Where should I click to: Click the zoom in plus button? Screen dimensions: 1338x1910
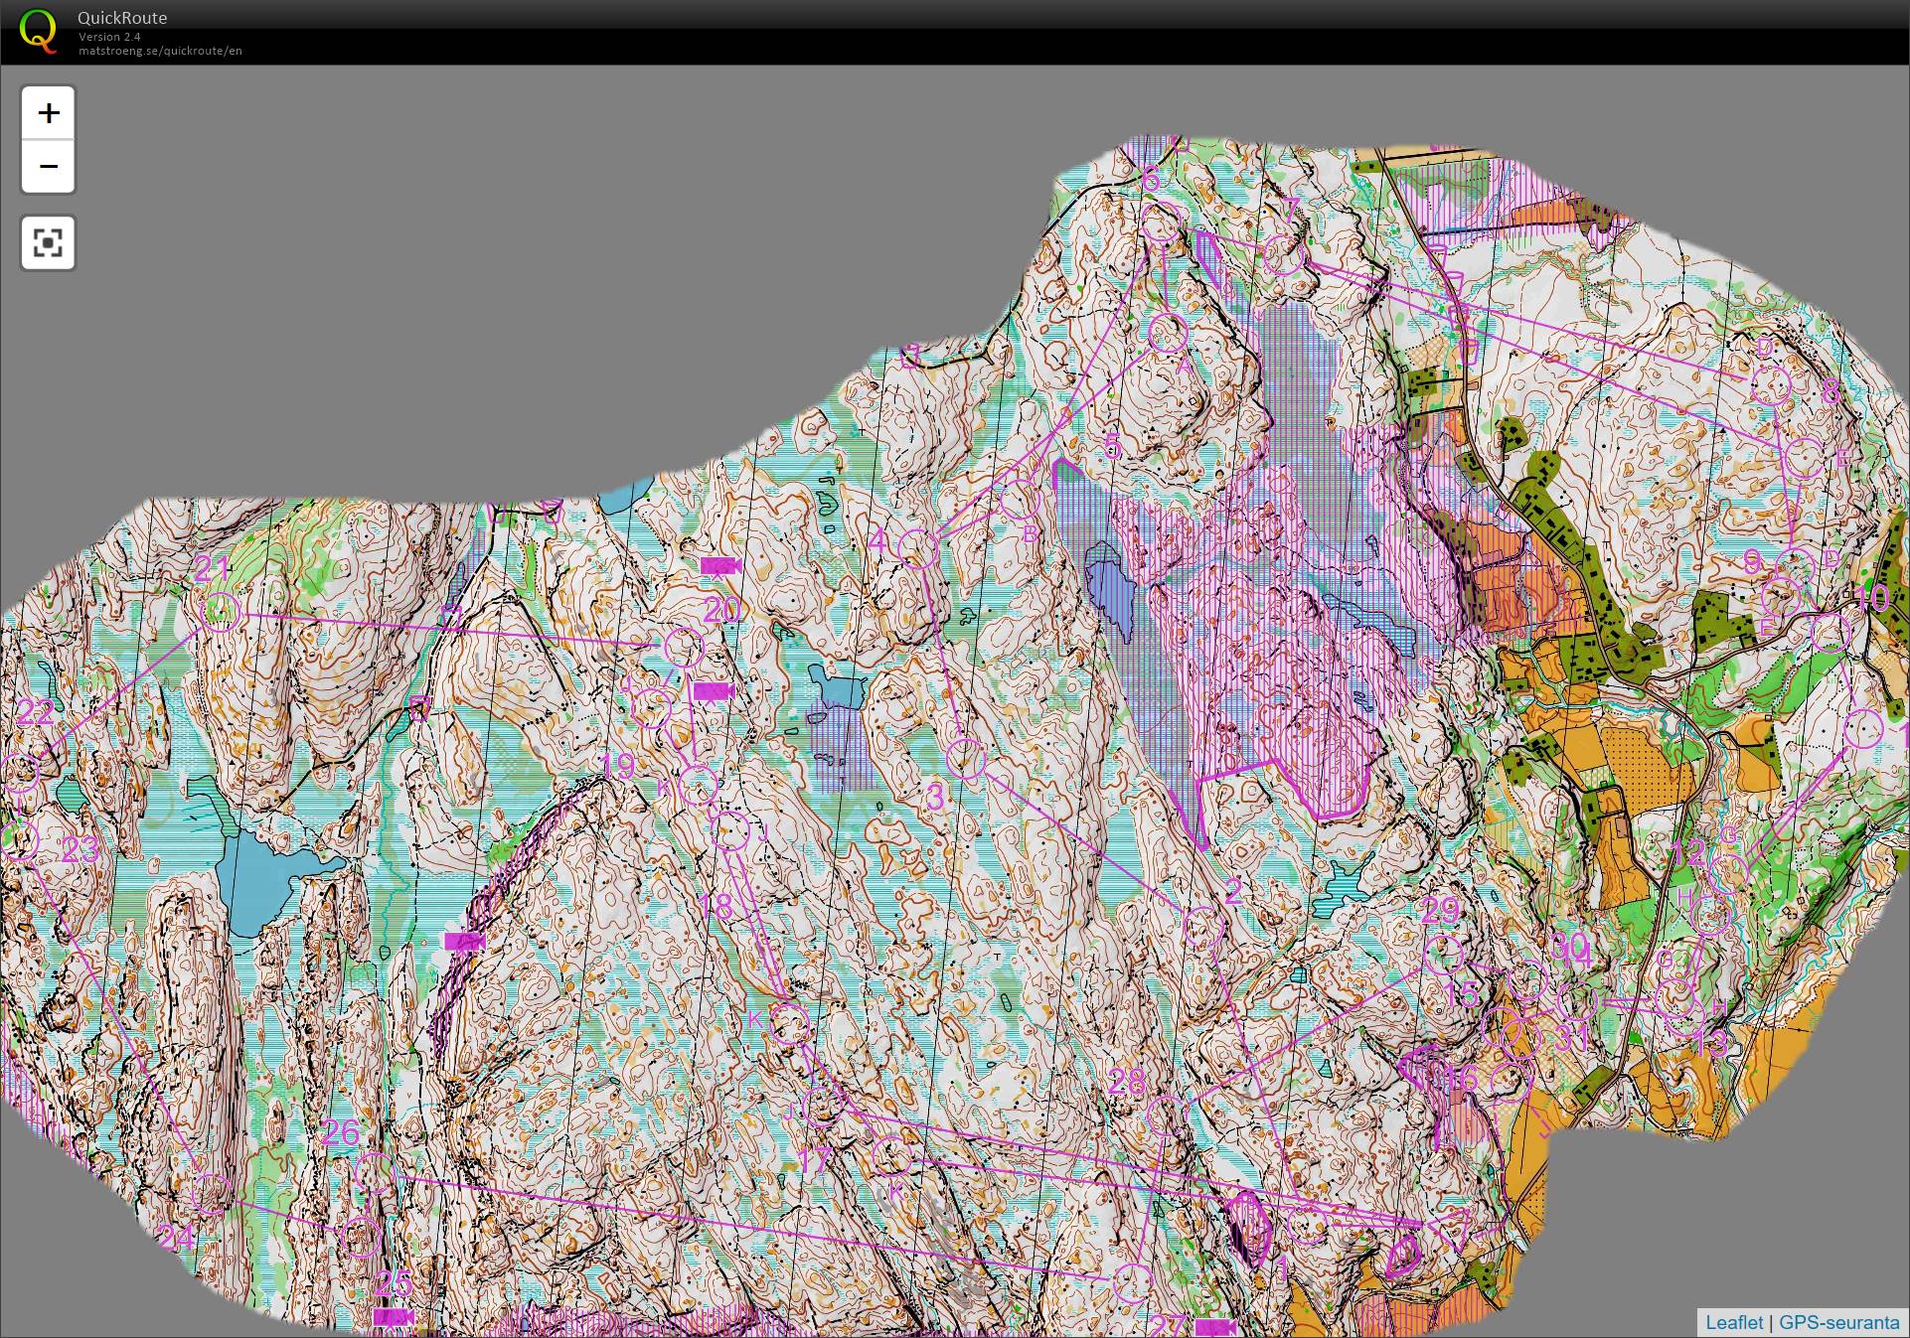(x=48, y=112)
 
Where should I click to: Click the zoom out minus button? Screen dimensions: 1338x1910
(x=48, y=166)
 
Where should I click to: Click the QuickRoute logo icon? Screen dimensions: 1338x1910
(x=38, y=31)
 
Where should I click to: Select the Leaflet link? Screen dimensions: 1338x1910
(x=1733, y=1322)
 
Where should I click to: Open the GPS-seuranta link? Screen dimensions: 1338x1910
(x=1839, y=1322)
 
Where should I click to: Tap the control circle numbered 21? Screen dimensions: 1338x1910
(x=221, y=612)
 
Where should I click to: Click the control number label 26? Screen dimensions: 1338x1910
(x=341, y=1132)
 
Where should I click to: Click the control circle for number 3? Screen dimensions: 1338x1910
(x=966, y=759)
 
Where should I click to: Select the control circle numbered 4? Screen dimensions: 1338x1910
(x=918, y=549)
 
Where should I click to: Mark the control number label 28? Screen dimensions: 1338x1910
(x=1126, y=1082)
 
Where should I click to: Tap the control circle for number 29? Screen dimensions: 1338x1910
(x=1443, y=955)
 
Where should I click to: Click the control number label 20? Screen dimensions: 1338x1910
(x=722, y=609)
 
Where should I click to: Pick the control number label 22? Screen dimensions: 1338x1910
(x=36, y=712)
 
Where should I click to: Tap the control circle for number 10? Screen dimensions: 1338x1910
(x=1830, y=633)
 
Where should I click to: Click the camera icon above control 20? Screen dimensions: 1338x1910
(x=720, y=566)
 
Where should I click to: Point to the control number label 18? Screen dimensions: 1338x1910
(x=716, y=906)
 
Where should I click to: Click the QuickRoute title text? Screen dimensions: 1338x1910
(x=122, y=18)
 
